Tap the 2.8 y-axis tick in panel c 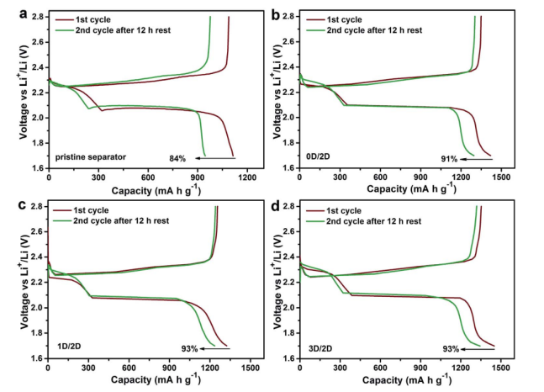click(35, 206)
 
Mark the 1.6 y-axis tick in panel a click(35, 168)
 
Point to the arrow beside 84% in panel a click(210, 158)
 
